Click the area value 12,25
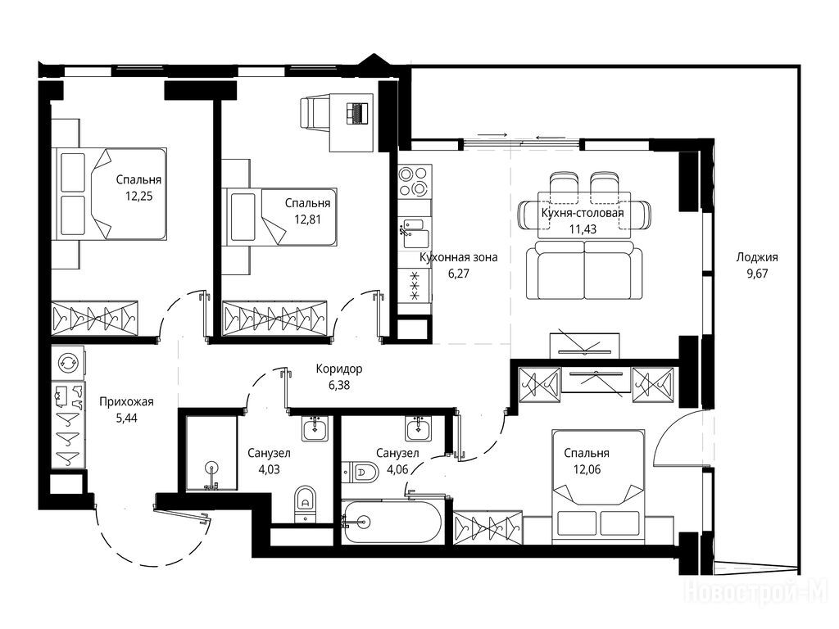tap(138, 197)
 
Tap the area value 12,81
tap(308, 219)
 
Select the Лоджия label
tap(756, 257)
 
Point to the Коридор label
tap(338, 369)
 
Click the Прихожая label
tap(126, 401)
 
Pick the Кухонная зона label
tap(459, 257)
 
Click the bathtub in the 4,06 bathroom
tap(392, 521)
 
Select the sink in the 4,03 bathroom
tap(316, 428)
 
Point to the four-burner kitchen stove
tap(415, 182)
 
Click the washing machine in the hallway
tap(67, 362)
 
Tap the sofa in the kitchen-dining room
tap(584, 269)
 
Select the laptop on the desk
tap(358, 113)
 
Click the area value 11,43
tap(583, 229)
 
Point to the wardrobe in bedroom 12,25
tap(94, 319)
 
